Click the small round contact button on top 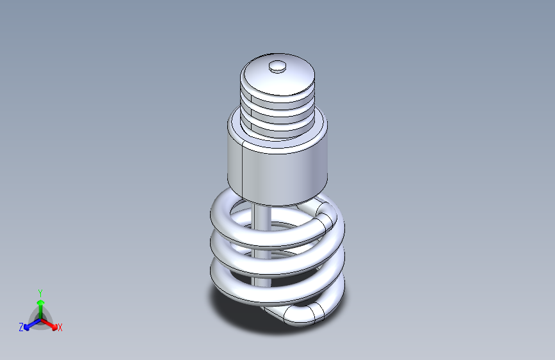(x=278, y=67)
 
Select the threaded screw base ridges (x=278, y=113)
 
